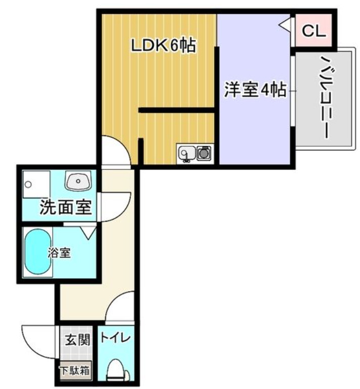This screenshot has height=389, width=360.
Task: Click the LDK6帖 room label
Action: [x=163, y=46]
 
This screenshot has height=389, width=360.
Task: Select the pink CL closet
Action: [x=313, y=31]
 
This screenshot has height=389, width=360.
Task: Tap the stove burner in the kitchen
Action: [x=204, y=153]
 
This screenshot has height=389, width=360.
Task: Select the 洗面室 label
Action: [x=65, y=207]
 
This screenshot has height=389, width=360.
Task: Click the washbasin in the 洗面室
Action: [x=78, y=180]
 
